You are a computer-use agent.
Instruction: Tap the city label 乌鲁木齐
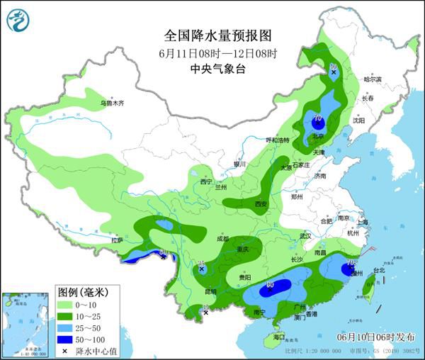click(x=111, y=103)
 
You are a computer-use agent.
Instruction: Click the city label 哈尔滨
click(x=372, y=79)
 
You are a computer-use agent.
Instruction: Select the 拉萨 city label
click(x=117, y=240)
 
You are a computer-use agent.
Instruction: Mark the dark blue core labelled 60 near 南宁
click(x=269, y=288)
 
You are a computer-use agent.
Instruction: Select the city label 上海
click(x=363, y=222)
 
